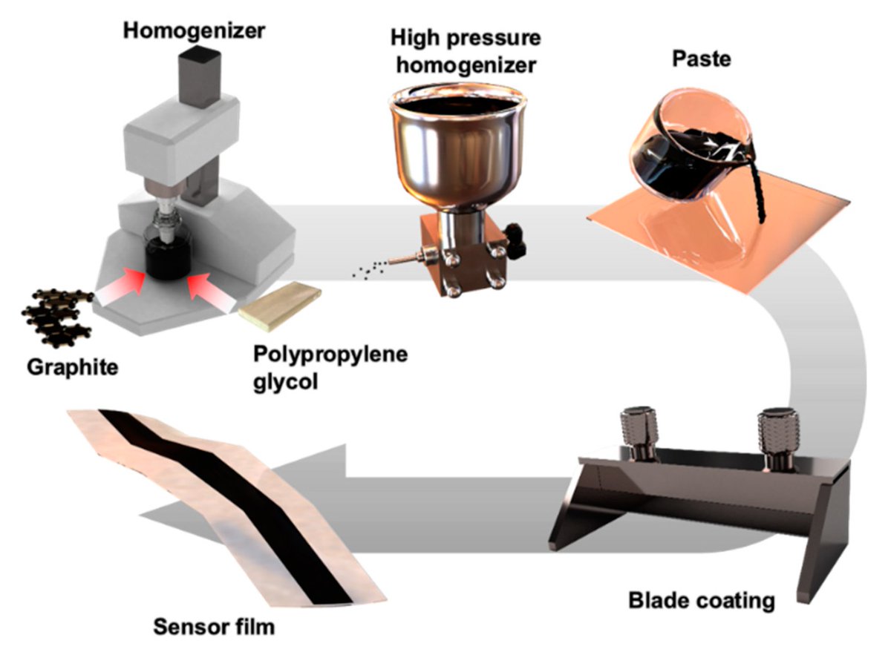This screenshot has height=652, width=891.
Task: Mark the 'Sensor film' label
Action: (214, 627)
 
